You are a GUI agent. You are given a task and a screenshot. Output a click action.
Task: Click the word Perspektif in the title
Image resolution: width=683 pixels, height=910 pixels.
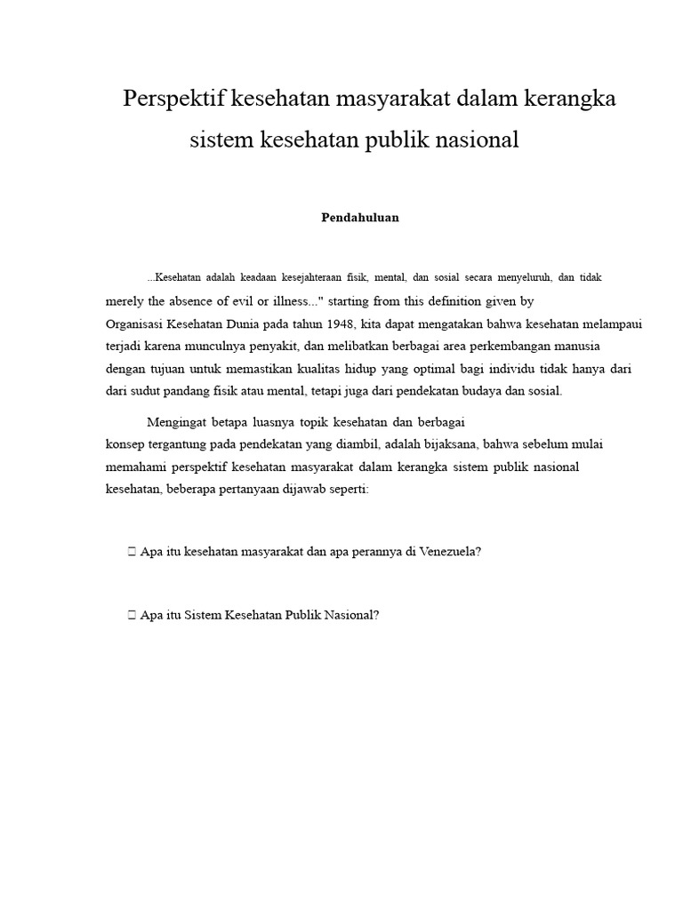pos(173,99)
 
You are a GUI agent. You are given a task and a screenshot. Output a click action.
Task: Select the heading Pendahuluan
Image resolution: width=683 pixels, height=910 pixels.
pos(360,218)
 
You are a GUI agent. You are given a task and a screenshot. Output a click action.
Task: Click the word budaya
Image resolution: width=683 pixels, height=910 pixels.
pos(481,391)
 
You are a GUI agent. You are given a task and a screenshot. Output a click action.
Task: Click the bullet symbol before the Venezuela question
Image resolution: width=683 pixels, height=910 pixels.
pos(132,551)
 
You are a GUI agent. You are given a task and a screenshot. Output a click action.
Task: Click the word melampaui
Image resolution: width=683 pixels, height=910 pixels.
pos(612,324)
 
